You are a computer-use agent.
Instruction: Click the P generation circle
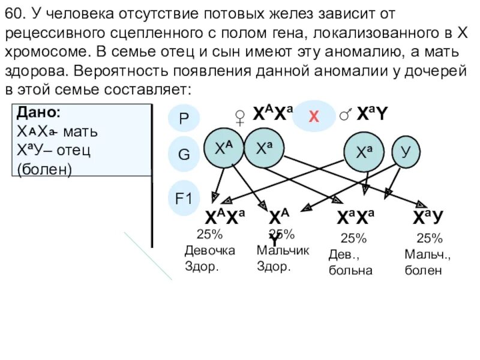click(184, 118)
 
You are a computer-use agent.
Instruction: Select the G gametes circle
click(184, 154)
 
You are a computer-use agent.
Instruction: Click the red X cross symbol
click(313, 116)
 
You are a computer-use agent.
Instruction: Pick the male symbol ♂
click(346, 115)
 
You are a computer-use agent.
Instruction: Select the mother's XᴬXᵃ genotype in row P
click(271, 115)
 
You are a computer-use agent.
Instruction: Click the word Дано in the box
click(39, 112)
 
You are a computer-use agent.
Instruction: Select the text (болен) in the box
click(44, 169)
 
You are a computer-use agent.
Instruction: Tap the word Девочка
click(209, 250)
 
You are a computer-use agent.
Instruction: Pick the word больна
click(350, 270)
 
